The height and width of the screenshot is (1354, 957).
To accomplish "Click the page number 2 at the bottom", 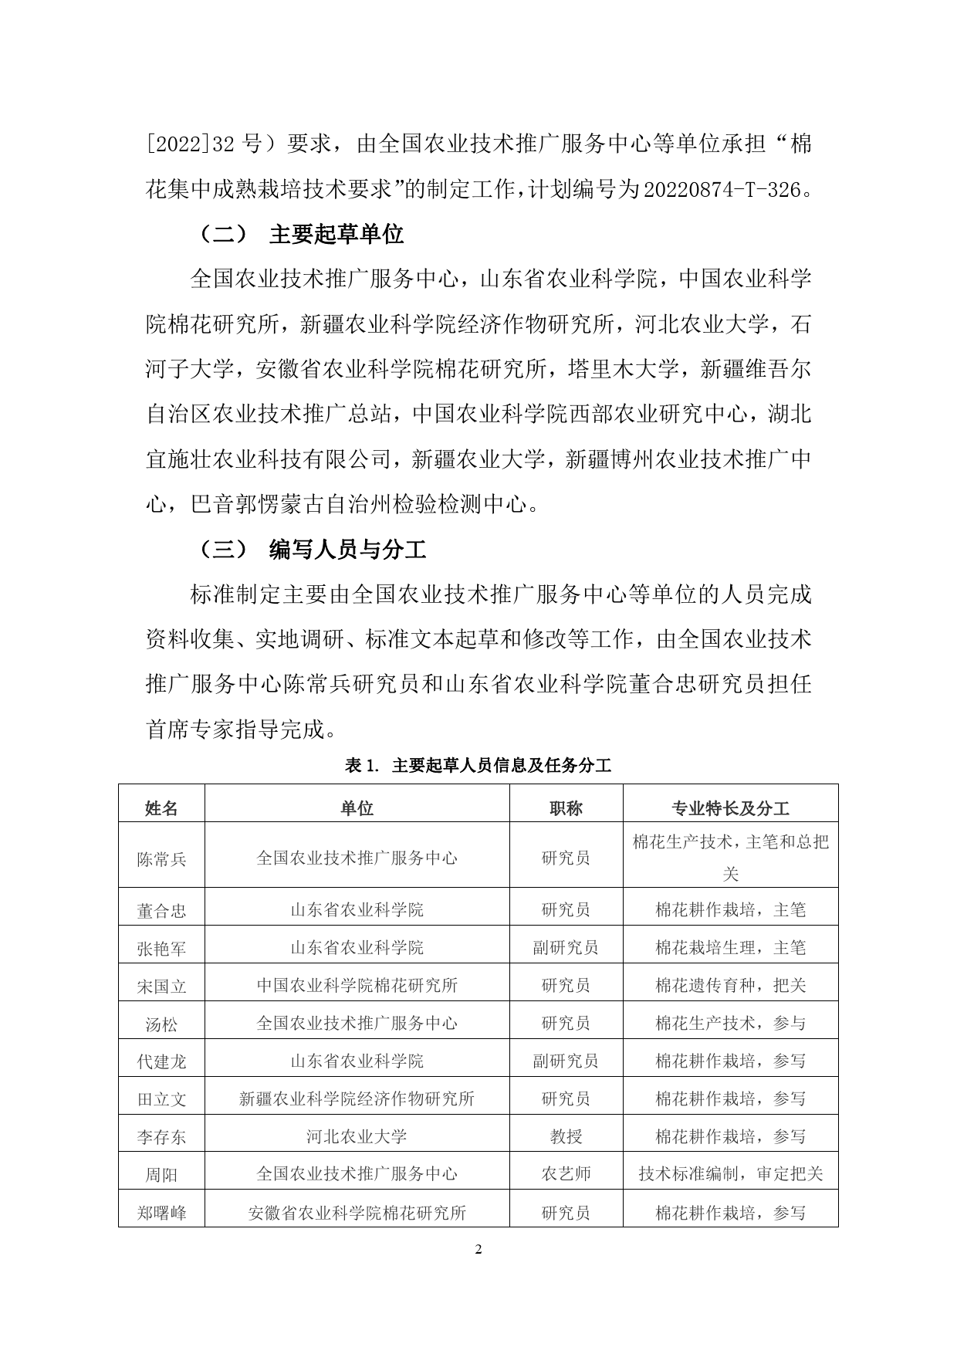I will click(x=478, y=1250).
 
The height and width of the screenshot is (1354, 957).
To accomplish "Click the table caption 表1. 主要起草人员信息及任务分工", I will click(x=478, y=766).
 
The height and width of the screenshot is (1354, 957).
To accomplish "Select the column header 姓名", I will click(x=161, y=808).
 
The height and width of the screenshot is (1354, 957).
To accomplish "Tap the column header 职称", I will click(x=566, y=808).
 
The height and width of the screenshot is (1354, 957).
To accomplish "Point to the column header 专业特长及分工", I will click(x=730, y=808).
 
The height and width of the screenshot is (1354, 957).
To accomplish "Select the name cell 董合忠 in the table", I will click(x=161, y=911).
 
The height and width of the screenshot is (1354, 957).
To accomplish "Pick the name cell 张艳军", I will click(x=161, y=949).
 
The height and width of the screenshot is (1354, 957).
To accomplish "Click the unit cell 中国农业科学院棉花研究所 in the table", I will click(x=357, y=986).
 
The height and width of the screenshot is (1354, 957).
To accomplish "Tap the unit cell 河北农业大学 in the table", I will click(x=357, y=1136).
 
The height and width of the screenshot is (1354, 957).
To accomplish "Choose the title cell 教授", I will click(x=566, y=1136).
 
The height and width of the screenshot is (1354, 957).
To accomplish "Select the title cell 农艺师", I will click(x=566, y=1174).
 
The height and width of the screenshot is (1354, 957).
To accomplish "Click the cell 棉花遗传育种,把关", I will click(x=730, y=986).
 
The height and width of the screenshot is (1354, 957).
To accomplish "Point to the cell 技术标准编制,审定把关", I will click(x=730, y=1174).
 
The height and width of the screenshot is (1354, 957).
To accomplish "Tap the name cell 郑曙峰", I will click(x=161, y=1213).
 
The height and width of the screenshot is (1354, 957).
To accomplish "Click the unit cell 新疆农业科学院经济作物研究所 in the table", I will click(x=357, y=1098).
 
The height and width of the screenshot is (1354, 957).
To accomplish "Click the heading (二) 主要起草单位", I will click(x=301, y=234).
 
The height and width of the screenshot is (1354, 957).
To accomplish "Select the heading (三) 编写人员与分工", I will click(x=312, y=550).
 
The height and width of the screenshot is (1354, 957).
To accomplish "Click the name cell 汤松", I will click(x=161, y=1024).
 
